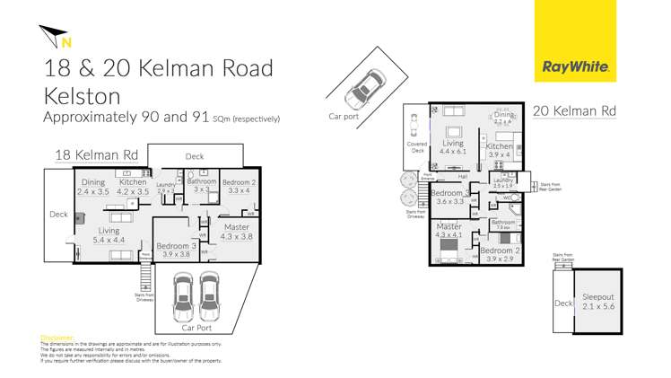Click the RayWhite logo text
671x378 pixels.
(x=576, y=66)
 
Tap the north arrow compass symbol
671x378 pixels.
(x=57, y=37)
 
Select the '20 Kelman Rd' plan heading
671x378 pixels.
(x=574, y=112)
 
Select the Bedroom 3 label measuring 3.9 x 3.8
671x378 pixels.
(x=176, y=250)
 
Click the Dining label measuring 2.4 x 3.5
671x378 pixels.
(x=93, y=186)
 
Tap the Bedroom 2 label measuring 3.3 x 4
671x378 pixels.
(x=239, y=186)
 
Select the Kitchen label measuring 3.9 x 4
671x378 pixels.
(x=499, y=150)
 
